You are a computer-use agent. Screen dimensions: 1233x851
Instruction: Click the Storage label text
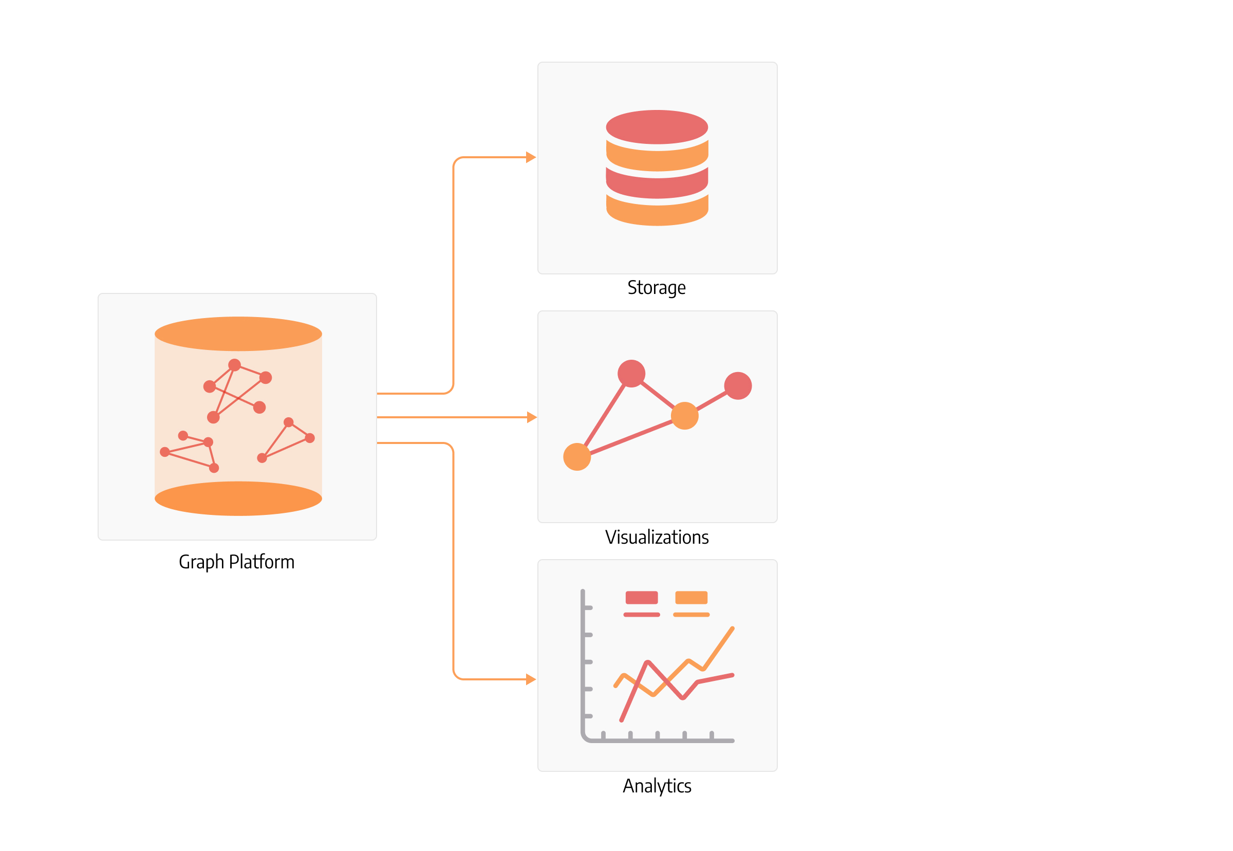click(x=656, y=288)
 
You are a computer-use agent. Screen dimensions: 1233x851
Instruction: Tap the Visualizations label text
click(x=657, y=537)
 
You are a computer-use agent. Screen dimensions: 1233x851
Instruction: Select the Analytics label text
click(x=657, y=786)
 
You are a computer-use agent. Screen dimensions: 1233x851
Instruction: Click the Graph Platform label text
click(x=237, y=562)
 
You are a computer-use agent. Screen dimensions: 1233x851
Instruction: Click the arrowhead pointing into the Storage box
click(x=531, y=157)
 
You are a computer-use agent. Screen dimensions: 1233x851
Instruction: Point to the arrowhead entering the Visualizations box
click(x=532, y=417)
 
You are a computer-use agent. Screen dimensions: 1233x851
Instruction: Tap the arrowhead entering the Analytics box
click(x=531, y=679)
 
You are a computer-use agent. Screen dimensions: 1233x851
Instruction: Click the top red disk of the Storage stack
click(x=657, y=127)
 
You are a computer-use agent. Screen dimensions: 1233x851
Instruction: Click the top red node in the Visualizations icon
click(x=632, y=374)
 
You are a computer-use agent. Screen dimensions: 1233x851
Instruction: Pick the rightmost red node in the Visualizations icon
click(x=738, y=386)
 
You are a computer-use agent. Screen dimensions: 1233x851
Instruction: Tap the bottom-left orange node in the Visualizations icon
click(x=577, y=457)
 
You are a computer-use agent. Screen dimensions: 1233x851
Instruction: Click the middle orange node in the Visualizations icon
click(x=684, y=416)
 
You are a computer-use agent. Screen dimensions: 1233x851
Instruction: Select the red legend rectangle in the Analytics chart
click(x=641, y=598)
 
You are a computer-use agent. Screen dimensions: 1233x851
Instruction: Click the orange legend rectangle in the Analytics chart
click(x=691, y=598)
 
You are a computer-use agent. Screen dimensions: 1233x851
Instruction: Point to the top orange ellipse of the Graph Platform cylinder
click(x=238, y=334)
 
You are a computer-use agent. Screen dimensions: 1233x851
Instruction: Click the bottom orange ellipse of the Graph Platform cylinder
click(x=238, y=498)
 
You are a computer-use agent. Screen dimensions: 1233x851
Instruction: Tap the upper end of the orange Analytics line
click(x=733, y=628)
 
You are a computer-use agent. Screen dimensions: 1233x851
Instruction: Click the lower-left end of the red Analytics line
click(x=622, y=720)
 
